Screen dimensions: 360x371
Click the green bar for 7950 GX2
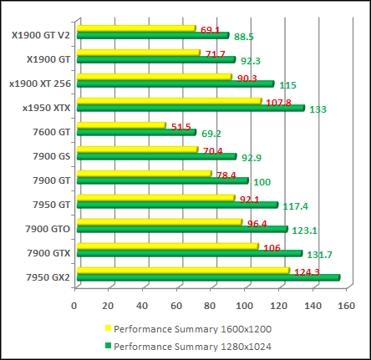point(209,277)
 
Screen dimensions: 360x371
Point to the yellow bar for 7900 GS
point(137,150)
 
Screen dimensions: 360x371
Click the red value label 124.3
point(307,271)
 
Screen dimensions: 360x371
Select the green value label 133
point(318,109)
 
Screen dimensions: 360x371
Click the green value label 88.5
point(244,37)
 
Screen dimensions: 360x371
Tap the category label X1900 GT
point(49,58)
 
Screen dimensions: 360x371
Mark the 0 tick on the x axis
point(75,305)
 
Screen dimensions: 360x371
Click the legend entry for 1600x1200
point(192,328)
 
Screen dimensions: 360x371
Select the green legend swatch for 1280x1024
point(107,345)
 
